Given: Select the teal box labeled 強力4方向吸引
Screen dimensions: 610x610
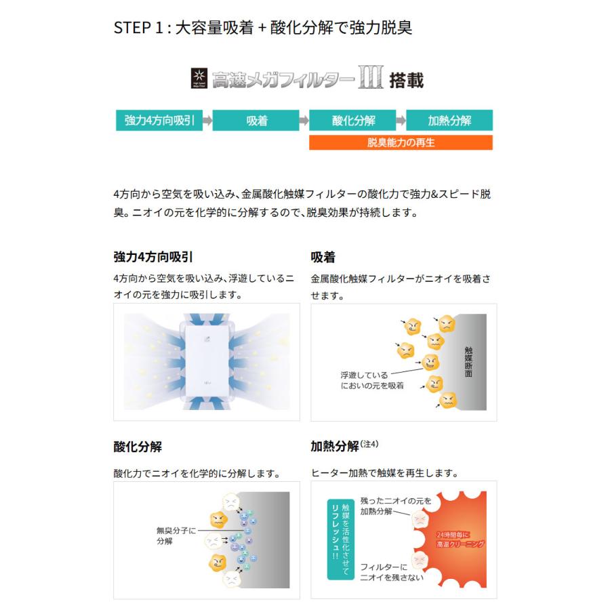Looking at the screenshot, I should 159,121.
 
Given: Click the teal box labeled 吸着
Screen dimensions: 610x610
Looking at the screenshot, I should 256,121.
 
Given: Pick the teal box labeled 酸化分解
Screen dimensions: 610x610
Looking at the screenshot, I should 353,121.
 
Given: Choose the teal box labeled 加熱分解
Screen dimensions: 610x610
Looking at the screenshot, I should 449,121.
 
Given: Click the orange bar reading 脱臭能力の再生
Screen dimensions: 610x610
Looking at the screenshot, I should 401,142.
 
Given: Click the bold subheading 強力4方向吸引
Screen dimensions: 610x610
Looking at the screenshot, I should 152,258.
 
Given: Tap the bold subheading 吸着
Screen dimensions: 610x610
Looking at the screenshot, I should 323,258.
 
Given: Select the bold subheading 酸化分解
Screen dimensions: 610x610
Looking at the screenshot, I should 138,447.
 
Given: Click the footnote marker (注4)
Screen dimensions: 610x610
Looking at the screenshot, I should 369,445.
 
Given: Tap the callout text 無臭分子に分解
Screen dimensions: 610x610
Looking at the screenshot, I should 175,536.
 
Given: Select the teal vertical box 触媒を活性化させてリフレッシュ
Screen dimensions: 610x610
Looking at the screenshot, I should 340,540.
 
